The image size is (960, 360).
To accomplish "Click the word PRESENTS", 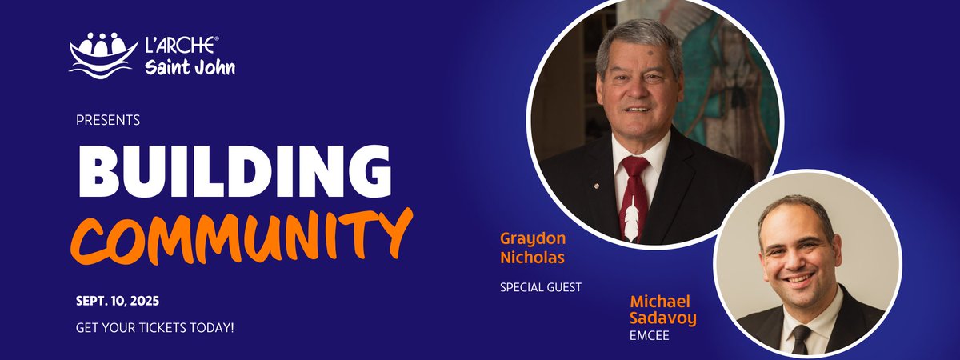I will coord(108,120).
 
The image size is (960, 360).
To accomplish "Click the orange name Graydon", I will coord(527,238).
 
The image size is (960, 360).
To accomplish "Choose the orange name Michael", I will coord(659,302).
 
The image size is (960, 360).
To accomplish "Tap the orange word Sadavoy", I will coord(663,318).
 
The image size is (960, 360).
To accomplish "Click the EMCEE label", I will coord(649,335).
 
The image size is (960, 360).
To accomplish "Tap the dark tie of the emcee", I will coord(801,339).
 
